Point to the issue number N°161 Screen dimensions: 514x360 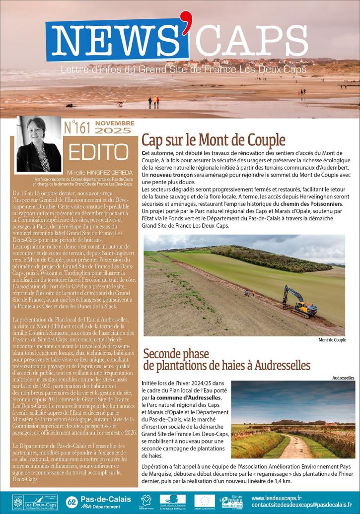click(x=77, y=128)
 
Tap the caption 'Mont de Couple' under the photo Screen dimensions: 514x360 click(x=332, y=340)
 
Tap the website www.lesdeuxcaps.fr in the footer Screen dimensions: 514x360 click(x=277, y=498)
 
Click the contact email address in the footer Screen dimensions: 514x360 click(x=305, y=506)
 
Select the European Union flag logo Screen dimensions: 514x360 click(x=205, y=500)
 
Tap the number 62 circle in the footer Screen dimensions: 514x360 click(x=71, y=501)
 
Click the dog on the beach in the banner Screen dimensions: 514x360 click(x=120, y=104)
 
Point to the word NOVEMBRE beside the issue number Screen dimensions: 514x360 click(x=115, y=123)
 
